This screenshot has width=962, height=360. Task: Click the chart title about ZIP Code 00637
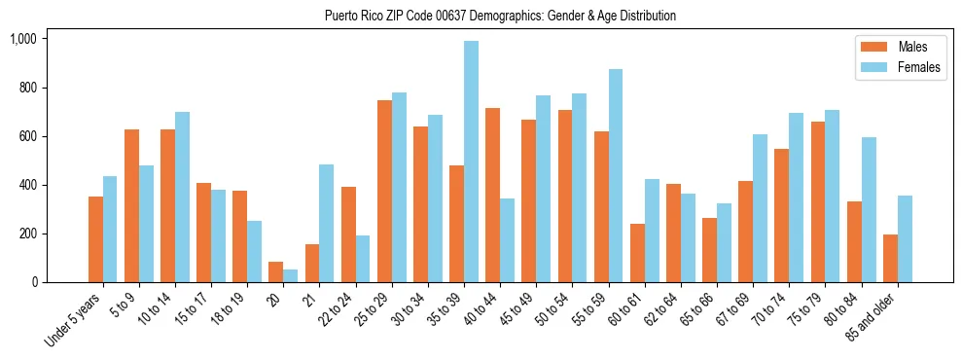click(x=500, y=16)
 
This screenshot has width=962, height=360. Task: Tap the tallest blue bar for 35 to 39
click(x=471, y=162)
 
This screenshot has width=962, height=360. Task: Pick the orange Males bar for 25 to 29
click(x=384, y=192)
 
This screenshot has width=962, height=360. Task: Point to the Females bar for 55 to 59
click(x=616, y=176)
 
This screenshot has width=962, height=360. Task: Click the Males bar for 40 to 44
click(x=492, y=196)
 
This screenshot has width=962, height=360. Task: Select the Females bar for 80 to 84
click(x=869, y=210)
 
